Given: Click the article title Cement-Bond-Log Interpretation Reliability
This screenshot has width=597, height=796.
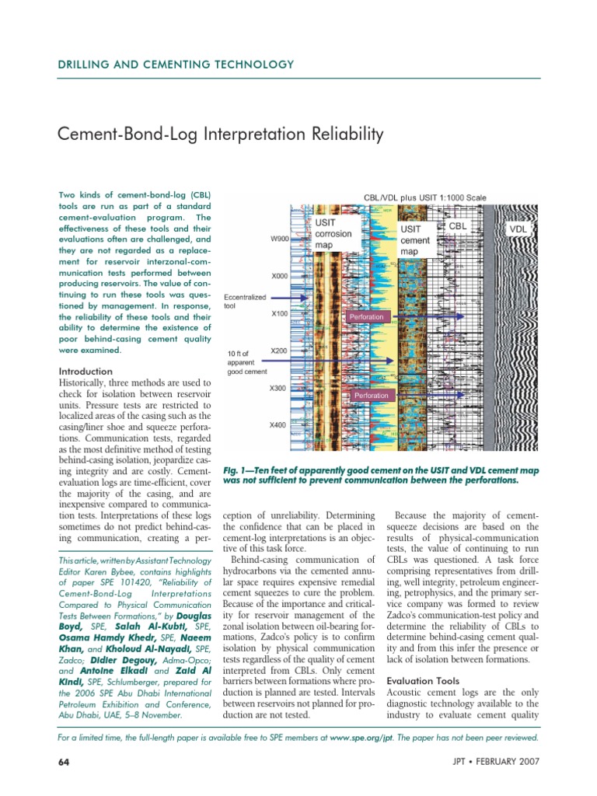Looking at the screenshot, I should (222, 135).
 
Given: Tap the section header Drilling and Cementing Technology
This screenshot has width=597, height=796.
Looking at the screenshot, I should (176, 65).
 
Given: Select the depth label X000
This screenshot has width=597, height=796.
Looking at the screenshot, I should (279, 276).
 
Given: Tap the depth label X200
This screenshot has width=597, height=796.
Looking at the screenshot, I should (279, 351).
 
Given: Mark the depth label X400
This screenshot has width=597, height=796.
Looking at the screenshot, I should (279, 425).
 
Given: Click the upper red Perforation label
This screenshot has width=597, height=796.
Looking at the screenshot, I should (366, 317).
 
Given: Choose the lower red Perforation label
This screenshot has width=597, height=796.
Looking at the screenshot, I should (371, 396).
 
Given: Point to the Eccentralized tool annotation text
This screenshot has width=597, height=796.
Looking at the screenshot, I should (245, 302).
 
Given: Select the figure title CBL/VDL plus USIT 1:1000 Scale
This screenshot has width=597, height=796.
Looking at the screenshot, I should (425, 197).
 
